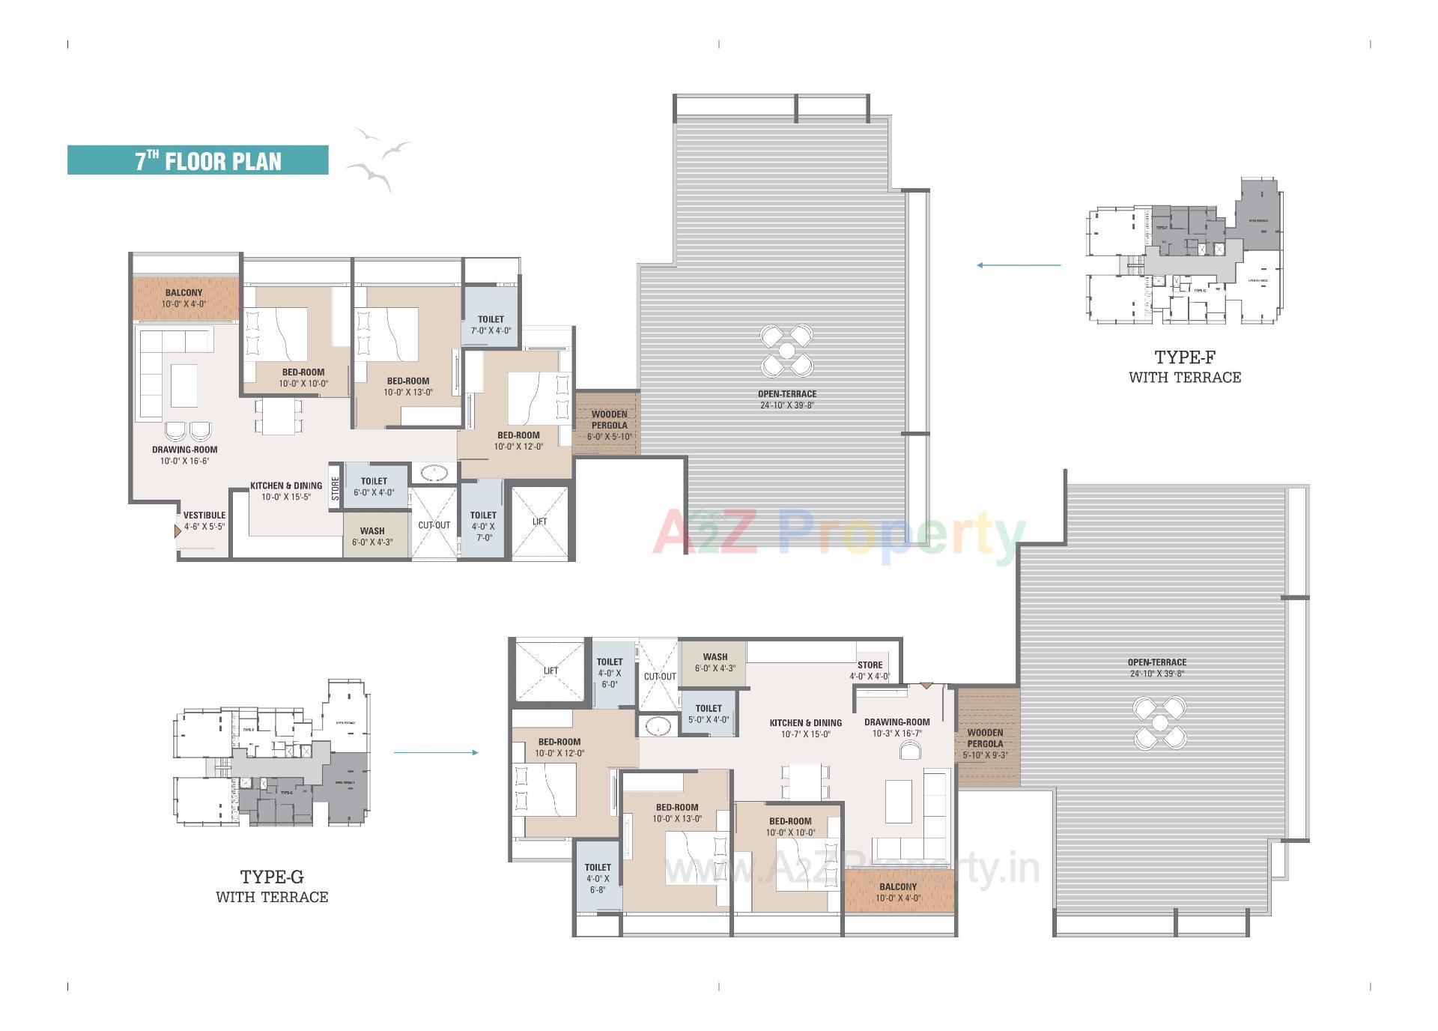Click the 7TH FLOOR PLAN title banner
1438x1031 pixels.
click(x=198, y=160)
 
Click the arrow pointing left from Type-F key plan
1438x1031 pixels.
click(x=1019, y=264)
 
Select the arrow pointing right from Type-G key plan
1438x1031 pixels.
click(x=436, y=752)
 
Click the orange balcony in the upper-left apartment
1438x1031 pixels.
click(x=185, y=298)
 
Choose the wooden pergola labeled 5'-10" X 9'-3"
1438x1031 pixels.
click(x=987, y=738)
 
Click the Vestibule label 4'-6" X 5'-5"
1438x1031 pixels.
click(x=204, y=521)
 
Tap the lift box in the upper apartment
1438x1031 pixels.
click(x=540, y=521)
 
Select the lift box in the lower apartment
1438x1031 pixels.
click(x=550, y=671)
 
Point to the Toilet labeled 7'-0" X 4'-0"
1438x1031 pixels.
click(x=491, y=324)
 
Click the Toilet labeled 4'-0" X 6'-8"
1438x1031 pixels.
click(x=598, y=878)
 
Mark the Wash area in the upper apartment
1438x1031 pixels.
click(x=373, y=536)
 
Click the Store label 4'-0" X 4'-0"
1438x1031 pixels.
click(x=870, y=670)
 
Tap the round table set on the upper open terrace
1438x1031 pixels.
click(x=786, y=351)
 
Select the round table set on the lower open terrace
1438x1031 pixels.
click(x=1159, y=723)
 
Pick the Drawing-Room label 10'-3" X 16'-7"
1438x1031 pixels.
click(x=897, y=728)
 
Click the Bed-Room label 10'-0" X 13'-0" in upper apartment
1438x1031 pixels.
click(x=408, y=386)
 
